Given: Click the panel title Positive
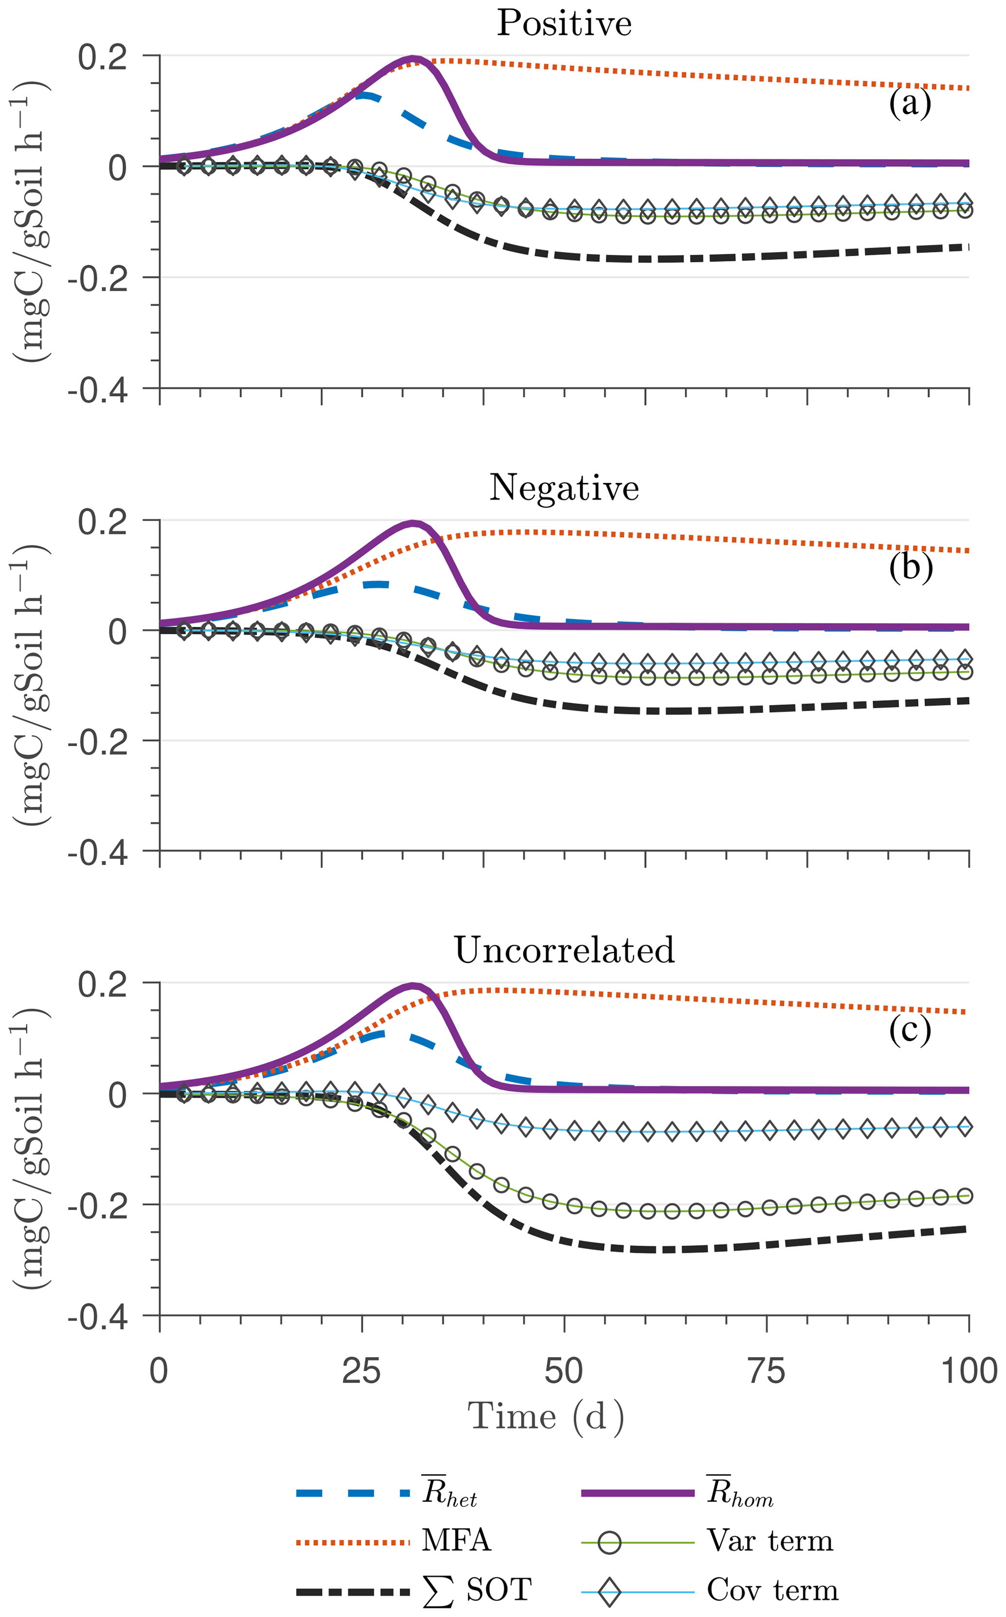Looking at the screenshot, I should [564, 24].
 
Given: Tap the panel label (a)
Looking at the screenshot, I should [910, 104].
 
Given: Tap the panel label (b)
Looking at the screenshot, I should [910, 567].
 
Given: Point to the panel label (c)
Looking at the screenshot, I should [910, 1029].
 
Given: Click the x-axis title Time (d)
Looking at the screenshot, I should [546, 1415].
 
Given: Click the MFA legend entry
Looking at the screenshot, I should [457, 1541].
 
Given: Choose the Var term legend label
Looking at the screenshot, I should [770, 1541].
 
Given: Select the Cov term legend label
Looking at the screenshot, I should [772, 1590].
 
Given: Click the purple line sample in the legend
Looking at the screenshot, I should [638, 1493].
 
